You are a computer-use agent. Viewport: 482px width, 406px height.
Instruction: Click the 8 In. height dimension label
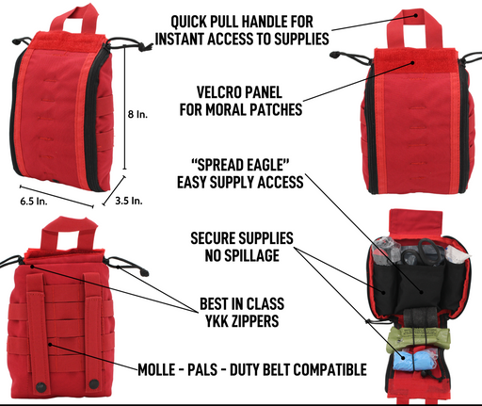(137, 114)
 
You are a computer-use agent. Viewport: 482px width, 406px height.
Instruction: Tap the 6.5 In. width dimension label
(34, 201)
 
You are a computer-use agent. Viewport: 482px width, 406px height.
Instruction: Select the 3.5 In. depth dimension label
(129, 201)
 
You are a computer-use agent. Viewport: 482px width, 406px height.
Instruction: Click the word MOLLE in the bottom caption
(156, 369)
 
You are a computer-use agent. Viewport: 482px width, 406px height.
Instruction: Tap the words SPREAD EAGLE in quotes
(240, 165)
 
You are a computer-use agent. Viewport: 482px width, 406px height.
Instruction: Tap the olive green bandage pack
(418, 338)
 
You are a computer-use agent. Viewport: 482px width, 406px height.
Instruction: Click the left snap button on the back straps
(40, 386)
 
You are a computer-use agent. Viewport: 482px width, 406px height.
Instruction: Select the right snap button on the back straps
(93, 383)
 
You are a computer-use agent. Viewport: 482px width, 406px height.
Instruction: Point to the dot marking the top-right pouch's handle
(416, 15)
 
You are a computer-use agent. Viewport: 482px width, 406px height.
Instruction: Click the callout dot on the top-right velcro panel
(413, 63)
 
